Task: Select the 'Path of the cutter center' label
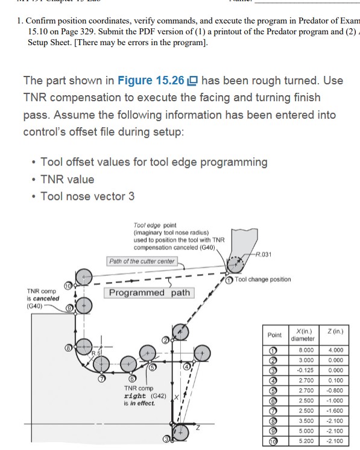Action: pyautogui.click(x=142, y=261)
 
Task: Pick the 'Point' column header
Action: pyautogui.click(x=274, y=334)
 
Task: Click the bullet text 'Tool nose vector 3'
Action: pyautogui.click(x=87, y=196)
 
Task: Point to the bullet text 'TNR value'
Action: pyautogui.click(x=67, y=179)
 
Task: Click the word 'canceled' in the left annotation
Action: pyautogui.click(x=46, y=298)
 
